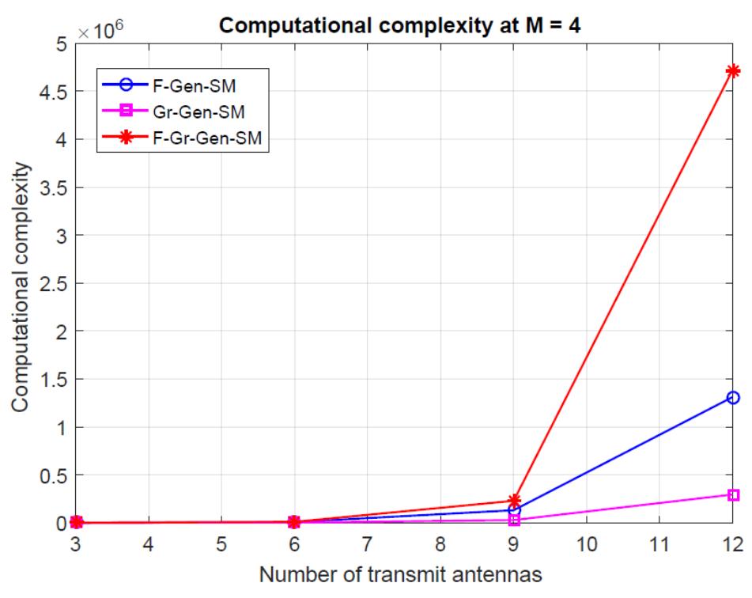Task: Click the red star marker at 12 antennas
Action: click(732, 71)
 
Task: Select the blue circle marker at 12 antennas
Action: click(732, 397)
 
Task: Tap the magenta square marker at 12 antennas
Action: click(732, 494)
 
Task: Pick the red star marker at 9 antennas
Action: click(514, 501)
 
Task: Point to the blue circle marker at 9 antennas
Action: click(514, 510)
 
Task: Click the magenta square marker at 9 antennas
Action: click(514, 520)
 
